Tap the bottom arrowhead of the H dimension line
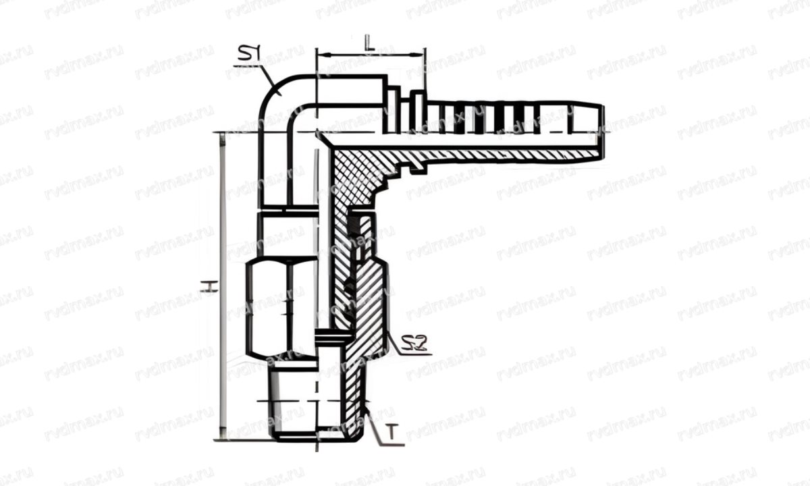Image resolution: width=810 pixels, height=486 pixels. click(223, 435)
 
